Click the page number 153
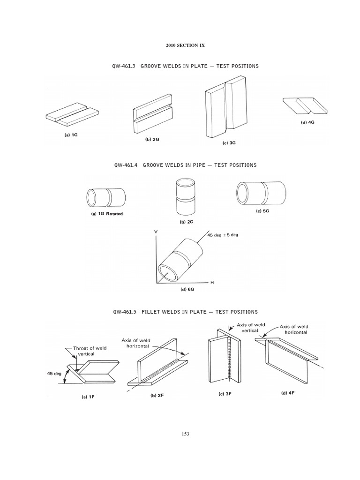(185, 434)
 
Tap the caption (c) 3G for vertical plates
(229, 143)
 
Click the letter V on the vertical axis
(155, 232)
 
